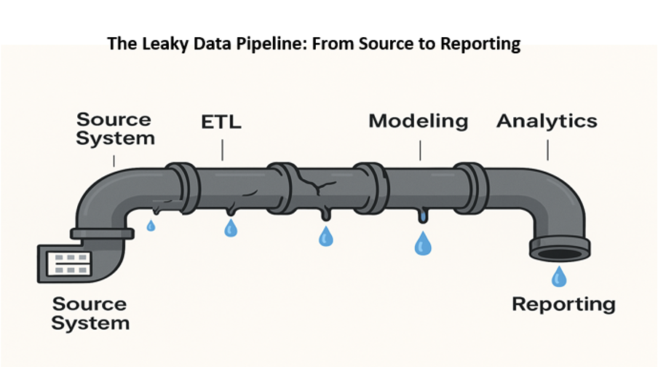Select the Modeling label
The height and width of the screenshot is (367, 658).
418,120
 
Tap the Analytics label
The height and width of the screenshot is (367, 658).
547,121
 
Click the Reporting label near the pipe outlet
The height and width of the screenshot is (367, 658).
563,304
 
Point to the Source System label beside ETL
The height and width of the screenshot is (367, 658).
115,129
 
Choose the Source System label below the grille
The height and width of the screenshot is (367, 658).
90,312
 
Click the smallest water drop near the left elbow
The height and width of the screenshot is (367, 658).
151,226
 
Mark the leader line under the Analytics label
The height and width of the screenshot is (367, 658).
547,149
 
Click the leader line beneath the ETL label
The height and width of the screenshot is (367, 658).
222,149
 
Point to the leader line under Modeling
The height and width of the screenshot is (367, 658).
420,149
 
